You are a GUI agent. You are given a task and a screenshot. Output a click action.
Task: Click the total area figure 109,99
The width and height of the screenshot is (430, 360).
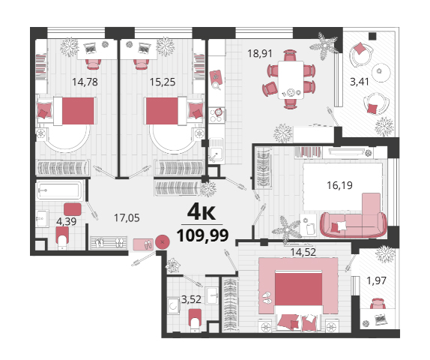203,235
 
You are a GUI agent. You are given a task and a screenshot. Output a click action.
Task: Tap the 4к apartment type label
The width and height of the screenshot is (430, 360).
202,212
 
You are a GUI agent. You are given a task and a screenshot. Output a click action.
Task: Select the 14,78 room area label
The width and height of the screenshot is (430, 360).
85,82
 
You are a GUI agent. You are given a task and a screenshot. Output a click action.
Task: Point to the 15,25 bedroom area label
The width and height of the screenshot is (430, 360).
163,82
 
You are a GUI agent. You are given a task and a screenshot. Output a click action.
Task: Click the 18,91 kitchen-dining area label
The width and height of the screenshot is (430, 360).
260,53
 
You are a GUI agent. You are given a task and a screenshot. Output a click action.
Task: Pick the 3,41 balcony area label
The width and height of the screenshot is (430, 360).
360,82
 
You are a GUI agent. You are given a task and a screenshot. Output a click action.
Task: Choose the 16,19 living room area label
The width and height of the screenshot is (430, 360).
339,185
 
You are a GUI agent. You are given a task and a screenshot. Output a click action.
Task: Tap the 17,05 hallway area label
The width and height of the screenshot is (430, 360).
127,218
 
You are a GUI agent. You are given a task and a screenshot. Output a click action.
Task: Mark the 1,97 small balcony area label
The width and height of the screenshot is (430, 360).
377,280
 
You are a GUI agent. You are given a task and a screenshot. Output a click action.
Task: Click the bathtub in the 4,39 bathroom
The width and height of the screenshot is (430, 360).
59,190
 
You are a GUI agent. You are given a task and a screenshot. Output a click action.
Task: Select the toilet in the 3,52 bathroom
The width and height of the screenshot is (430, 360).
195,320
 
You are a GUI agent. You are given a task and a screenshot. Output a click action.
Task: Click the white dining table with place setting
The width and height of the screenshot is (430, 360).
291,80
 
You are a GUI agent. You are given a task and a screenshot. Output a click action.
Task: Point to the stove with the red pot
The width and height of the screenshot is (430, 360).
216,115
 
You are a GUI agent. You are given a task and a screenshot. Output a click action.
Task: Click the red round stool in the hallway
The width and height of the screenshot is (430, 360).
163,242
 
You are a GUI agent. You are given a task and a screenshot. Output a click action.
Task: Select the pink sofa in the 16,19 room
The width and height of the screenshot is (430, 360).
354,223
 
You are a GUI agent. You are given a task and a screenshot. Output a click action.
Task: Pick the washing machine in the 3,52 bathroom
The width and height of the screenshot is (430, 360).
173,306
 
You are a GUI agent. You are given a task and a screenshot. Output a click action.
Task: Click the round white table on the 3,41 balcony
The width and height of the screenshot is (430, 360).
381,73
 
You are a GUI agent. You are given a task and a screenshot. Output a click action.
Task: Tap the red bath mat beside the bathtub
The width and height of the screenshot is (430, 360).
73,209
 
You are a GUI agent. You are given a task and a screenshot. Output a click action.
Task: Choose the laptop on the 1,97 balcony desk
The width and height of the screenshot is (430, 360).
381,319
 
